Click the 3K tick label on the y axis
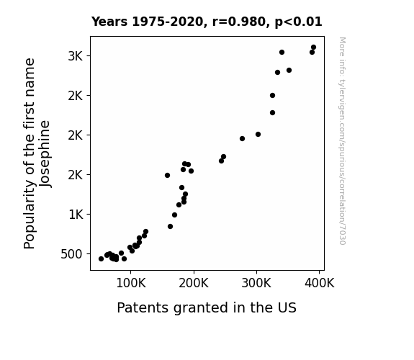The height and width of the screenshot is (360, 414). pyautogui.click(x=76, y=56)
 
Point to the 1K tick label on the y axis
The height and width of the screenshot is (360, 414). pyautogui.click(x=76, y=215)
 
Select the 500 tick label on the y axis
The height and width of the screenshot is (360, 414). pyautogui.click(x=71, y=254)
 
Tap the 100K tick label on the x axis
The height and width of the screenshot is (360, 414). pyautogui.click(x=131, y=283)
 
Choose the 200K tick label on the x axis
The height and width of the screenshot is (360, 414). pyautogui.click(x=194, y=283)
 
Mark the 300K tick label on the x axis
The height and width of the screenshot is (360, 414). pyautogui.click(x=256, y=283)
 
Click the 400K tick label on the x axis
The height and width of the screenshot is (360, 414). pyautogui.click(x=319, y=283)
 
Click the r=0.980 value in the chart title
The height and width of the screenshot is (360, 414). pyautogui.click(x=239, y=22)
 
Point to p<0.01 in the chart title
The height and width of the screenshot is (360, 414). pyautogui.click(x=298, y=22)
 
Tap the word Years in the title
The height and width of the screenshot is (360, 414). pyautogui.click(x=109, y=22)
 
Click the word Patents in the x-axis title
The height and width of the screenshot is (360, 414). pyautogui.click(x=143, y=307)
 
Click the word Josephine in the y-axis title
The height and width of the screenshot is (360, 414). pyautogui.click(x=45, y=154)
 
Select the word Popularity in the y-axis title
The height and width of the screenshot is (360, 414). pyautogui.click(x=30, y=214)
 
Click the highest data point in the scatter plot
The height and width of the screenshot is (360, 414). pyautogui.click(x=313, y=48)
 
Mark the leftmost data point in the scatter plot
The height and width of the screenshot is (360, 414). pyautogui.click(x=101, y=259)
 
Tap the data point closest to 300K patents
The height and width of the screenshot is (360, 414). pyautogui.click(x=258, y=135)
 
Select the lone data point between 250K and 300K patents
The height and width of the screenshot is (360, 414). pyautogui.click(x=242, y=139)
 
